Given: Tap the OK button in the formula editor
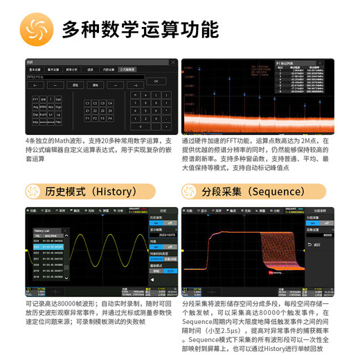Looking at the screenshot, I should pos(156,81).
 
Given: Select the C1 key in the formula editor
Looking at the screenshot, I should pos(87,103).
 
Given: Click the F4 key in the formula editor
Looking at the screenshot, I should pos(110,118).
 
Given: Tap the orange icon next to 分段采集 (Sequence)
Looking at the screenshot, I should pos(189,192).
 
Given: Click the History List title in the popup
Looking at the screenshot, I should pos(43,230).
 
